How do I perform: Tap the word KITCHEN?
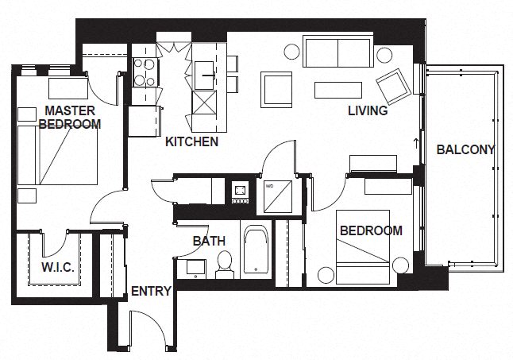191,143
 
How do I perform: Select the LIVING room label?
368,111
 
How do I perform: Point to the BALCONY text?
465,149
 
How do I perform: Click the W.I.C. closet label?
57,267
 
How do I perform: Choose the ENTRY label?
151,291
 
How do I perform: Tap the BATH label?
209,241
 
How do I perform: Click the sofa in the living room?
337,53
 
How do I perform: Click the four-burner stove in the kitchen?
145,72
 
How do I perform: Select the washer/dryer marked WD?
279,195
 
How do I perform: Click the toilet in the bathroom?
224,264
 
